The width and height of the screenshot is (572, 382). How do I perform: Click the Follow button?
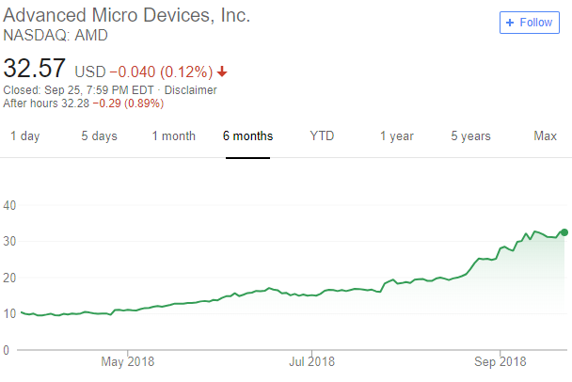(530, 22)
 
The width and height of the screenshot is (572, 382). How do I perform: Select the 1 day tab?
(25, 136)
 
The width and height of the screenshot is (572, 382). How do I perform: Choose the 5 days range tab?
(99, 136)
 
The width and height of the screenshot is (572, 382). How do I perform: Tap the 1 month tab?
(174, 136)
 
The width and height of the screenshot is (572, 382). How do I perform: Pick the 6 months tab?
(248, 136)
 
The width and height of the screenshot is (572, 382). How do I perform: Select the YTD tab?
(322, 136)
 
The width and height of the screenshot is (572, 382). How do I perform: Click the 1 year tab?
(396, 136)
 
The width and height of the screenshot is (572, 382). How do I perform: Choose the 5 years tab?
(470, 136)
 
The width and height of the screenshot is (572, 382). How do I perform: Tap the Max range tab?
(546, 136)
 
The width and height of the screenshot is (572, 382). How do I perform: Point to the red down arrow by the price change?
(222, 72)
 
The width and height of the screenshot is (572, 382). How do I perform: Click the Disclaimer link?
(192, 90)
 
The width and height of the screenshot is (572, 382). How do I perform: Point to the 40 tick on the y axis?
(10, 205)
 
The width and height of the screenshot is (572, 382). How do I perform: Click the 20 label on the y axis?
(10, 278)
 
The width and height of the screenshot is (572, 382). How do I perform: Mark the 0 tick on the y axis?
(7, 350)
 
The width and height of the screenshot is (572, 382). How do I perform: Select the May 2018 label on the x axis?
(127, 361)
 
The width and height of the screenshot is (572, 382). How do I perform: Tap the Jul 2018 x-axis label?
(311, 361)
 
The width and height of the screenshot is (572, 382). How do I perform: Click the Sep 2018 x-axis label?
(499, 361)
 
